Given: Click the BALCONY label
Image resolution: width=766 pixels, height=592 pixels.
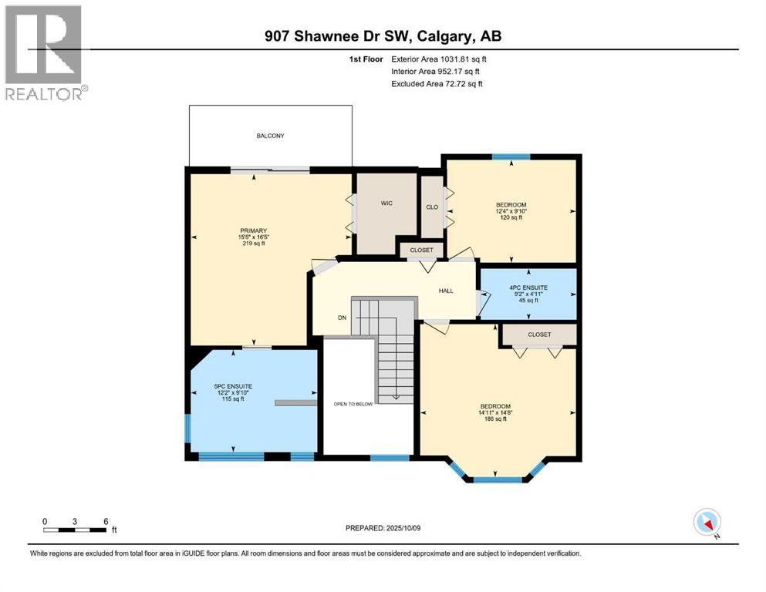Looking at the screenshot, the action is click(270, 136).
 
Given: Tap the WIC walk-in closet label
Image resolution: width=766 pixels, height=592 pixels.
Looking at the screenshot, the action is click(386, 203).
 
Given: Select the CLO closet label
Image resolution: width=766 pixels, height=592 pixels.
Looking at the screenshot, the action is click(432, 207).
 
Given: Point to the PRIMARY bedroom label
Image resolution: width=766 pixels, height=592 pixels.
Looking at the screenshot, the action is click(254, 230).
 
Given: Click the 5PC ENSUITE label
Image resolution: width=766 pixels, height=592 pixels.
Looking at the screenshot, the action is click(233, 386).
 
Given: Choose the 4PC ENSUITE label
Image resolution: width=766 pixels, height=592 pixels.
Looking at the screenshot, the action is click(528, 288).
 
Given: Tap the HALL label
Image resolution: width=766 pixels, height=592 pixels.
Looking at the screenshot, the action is click(446, 291).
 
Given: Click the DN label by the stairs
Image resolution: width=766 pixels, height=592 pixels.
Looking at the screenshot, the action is click(342, 318).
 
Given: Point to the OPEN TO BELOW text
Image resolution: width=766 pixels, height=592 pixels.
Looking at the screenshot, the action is click(353, 404).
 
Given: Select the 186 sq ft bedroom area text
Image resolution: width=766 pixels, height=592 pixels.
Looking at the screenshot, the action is click(495, 419).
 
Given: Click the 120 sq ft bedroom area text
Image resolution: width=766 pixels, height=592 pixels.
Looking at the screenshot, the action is click(511, 217).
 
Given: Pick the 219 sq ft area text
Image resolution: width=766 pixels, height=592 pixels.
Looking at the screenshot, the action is click(254, 243).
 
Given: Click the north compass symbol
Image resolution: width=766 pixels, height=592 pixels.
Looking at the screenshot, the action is click(707, 522).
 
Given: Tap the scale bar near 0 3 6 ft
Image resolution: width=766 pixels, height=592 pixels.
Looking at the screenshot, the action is click(75, 530).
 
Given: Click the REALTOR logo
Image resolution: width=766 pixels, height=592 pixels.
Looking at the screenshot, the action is click(45, 52).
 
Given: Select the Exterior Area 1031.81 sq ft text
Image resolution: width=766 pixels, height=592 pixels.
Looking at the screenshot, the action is click(439, 59).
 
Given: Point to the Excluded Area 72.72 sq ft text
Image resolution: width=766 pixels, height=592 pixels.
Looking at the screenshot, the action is click(437, 83).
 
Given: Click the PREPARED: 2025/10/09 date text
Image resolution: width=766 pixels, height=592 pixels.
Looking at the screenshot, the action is click(383, 528).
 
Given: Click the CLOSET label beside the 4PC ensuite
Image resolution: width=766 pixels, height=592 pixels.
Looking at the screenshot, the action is click(539, 335).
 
